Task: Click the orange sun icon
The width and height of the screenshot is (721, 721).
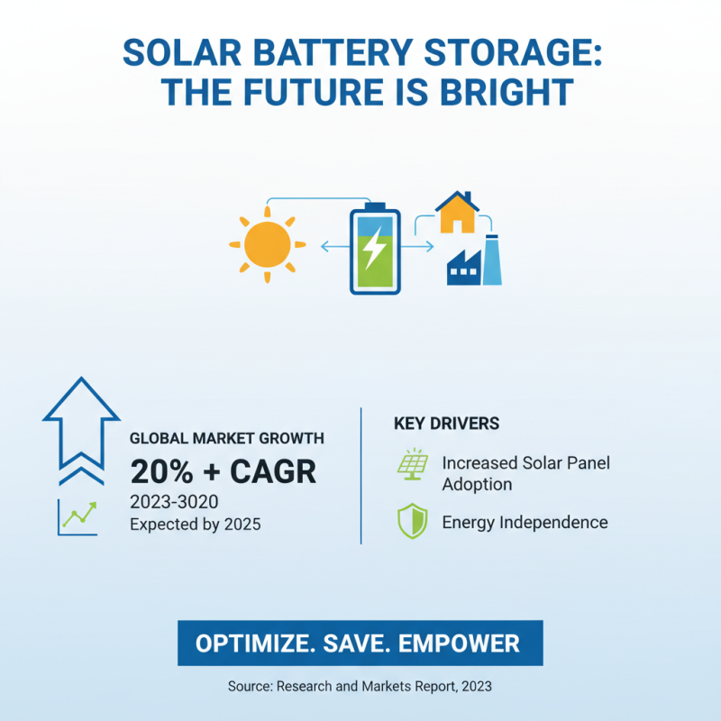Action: tap(266, 244)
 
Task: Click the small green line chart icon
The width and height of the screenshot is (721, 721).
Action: tap(78, 516)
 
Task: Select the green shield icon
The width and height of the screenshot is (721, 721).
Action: tap(412, 522)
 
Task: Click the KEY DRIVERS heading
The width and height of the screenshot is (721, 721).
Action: tap(447, 423)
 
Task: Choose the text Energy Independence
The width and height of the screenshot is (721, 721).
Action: tap(525, 523)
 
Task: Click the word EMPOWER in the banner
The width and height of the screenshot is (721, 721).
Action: tap(461, 643)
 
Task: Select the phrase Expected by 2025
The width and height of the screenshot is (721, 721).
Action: tap(196, 524)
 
